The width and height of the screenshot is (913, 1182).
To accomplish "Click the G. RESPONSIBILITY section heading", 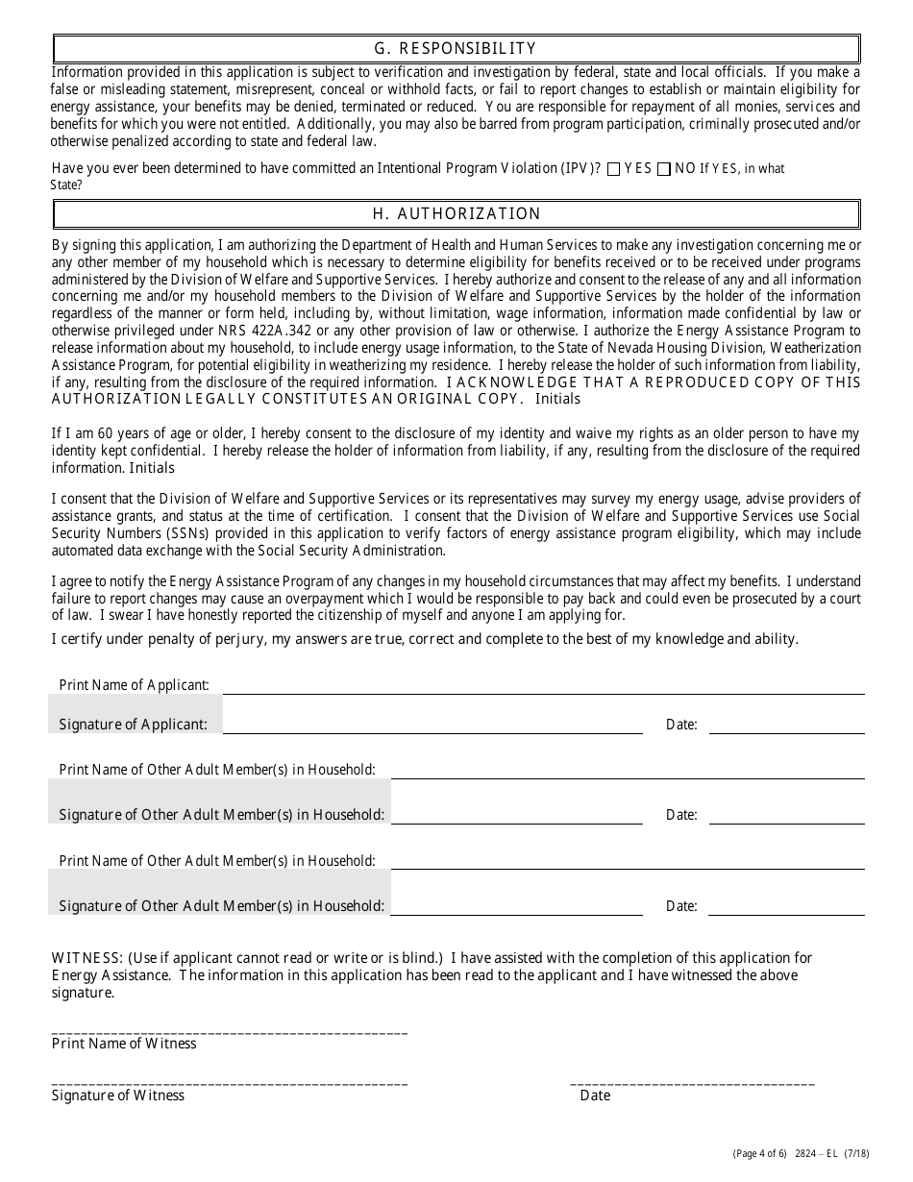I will click(456, 49).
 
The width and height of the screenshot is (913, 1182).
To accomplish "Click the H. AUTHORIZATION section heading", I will click(456, 214).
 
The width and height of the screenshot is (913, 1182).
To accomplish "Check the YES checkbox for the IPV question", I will click(614, 169).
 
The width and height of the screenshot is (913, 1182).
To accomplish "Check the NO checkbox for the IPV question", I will click(663, 169).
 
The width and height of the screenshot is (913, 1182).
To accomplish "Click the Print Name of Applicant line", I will click(543, 685).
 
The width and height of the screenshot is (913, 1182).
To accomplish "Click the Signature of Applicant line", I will click(432, 725).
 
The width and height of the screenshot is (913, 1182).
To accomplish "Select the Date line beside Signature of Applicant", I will click(786, 725).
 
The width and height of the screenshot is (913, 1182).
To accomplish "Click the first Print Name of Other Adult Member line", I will click(627, 770).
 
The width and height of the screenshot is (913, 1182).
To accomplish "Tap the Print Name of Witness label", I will click(124, 1044).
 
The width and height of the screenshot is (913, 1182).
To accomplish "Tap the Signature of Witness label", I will click(118, 1096).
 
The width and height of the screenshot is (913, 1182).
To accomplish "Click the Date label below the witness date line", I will click(595, 1096).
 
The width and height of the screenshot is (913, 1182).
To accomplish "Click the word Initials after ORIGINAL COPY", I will click(558, 399).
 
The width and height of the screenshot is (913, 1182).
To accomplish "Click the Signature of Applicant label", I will click(134, 725).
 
